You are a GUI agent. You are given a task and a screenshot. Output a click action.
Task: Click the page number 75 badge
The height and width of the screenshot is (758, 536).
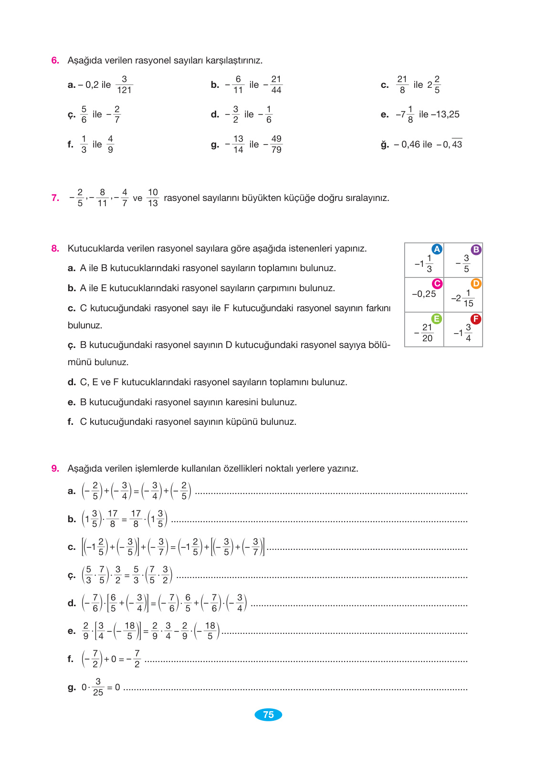point(268,715)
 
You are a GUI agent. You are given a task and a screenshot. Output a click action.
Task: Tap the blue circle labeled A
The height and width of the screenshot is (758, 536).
point(437,249)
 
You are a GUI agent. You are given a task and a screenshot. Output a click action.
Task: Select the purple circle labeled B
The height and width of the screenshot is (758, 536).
point(476,249)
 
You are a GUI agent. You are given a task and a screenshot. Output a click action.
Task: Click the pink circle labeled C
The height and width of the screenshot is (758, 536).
point(437,284)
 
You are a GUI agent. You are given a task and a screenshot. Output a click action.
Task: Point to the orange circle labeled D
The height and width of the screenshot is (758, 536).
point(476,284)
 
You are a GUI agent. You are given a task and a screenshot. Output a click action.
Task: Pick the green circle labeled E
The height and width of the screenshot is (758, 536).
point(437,318)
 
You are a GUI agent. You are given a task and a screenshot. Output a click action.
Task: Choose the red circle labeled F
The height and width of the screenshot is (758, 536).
point(476,318)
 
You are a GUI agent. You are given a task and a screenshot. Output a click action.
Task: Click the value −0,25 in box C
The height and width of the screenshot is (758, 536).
point(424,294)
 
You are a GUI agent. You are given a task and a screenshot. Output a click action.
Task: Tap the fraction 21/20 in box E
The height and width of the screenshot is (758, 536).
point(427,333)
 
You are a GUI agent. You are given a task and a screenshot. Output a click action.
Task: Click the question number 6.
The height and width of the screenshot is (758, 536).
point(55,61)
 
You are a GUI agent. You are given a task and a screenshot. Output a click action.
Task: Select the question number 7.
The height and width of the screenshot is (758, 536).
point(55,198)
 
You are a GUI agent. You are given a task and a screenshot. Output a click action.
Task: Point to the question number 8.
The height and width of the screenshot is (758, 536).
point(55,249)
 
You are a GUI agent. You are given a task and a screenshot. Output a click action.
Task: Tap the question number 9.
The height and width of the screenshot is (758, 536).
point(55,469)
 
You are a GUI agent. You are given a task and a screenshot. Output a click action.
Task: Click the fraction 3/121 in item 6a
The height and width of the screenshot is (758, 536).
point(124,84)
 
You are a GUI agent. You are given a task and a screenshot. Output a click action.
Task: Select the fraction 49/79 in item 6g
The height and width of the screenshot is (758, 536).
point(276,144)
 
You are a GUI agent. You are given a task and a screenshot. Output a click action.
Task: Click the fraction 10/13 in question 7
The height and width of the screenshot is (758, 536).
point(153,198)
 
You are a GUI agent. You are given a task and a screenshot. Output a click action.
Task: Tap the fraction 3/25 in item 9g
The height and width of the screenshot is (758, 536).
point(98,687)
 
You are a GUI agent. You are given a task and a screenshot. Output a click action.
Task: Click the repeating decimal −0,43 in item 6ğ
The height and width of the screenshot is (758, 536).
point(450,144)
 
